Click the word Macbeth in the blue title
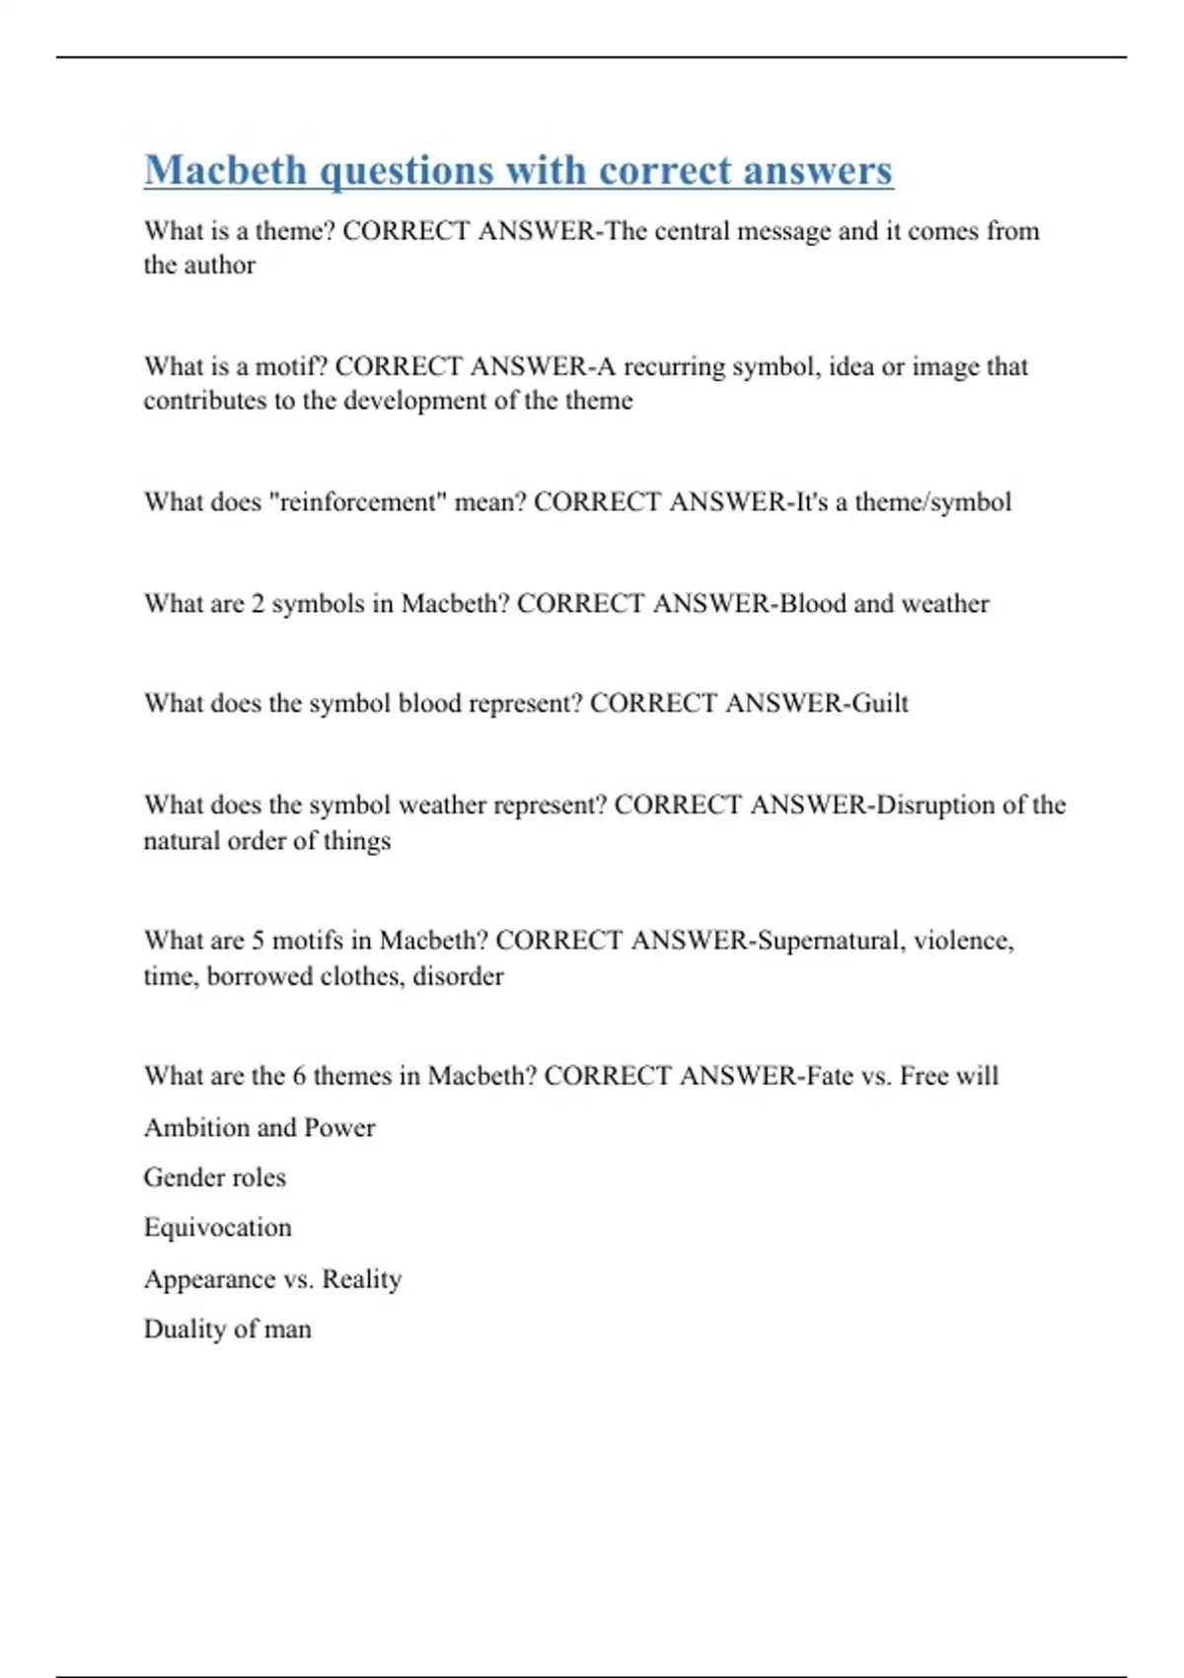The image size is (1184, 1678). (x=226, y=170)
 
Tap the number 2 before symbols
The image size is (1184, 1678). (x=258, y=603)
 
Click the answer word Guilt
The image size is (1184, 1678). (x=879, y=703)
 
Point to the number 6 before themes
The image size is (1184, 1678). (x=299, y=1075)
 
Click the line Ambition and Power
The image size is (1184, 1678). (x=259, y=1127)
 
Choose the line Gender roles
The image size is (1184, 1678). (x=215, y=1178)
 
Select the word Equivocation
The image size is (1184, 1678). (x=218, y=1228)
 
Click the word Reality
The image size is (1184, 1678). (x=362, y=1279)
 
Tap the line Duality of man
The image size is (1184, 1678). (x=228, y=1330)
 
